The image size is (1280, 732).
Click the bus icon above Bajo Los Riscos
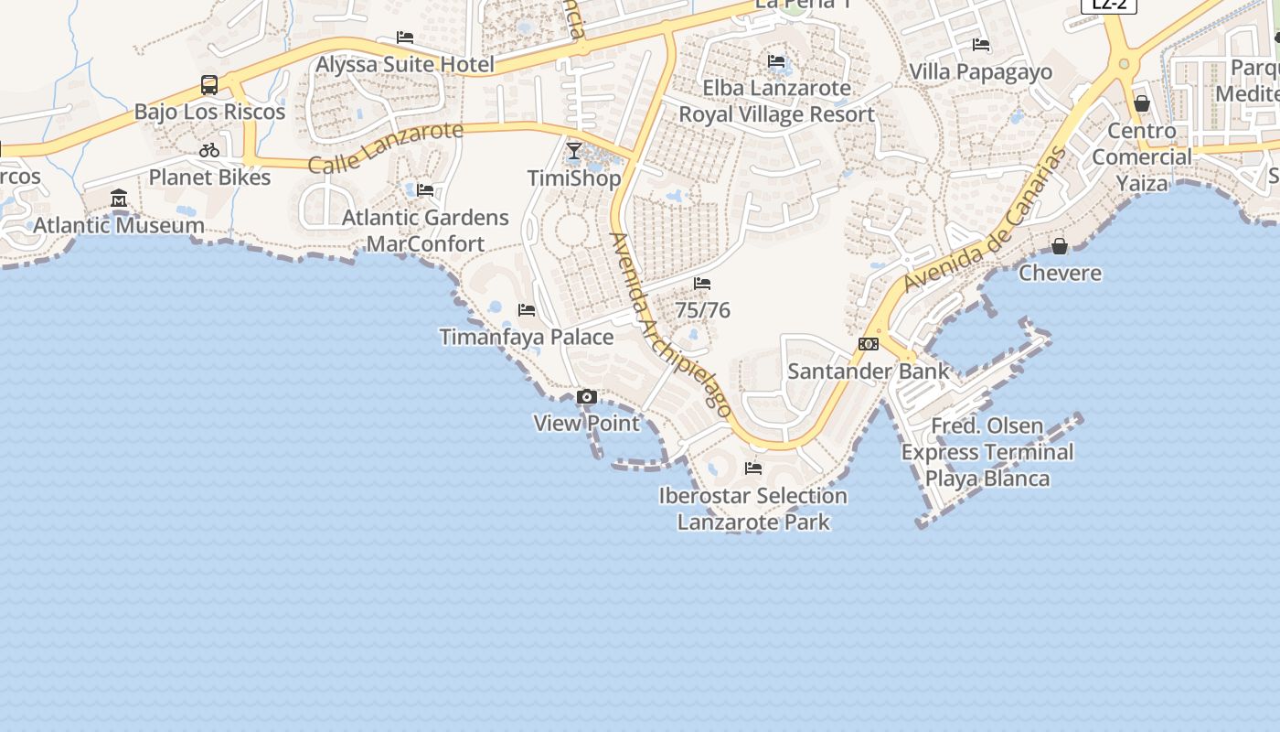point(209,85)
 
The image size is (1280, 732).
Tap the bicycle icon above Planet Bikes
point(209,150)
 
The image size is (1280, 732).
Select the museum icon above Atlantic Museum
point(119,199)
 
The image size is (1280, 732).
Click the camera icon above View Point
point(587,397)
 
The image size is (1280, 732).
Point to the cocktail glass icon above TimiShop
point(574,151)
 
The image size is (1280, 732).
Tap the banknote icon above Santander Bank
point(869,344)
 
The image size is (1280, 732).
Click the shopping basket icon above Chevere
point(1060,246)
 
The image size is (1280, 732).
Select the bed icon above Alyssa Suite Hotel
point(405,38)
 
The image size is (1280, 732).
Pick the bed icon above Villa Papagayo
point(981,44)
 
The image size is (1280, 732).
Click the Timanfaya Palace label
point(527,337)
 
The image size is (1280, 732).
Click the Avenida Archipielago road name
point(671,325)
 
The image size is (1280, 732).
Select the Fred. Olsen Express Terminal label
point(987,452)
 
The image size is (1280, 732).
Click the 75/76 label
point(703,310)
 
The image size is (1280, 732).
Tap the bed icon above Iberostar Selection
point(753,468)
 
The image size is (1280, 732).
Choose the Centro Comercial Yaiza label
point(1142,156)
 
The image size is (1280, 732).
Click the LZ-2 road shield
point(1109,5)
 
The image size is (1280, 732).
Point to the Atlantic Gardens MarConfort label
point(425,231)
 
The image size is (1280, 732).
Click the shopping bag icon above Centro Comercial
point(1142,103)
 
